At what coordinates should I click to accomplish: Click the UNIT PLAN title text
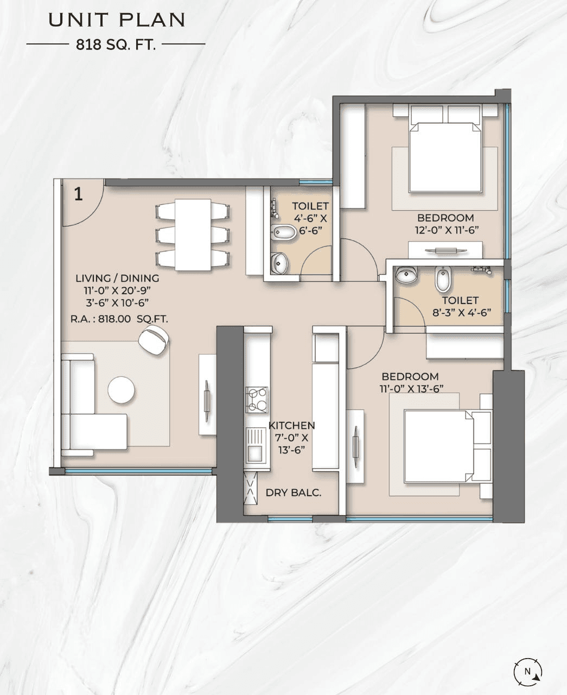(x=117, y=20)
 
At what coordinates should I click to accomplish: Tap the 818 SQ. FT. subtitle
(x=116, y=45)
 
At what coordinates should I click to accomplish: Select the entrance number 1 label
(x=79, y=194)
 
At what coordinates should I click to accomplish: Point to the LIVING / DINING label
(x=117, y=279)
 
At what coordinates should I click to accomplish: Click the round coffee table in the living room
(x=121, y=390)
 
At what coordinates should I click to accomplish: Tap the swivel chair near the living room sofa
(x=154, y=340)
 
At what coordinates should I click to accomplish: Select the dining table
(x=193, y=235)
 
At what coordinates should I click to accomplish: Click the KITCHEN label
(x=291, y=426)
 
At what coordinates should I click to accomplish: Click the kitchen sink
(x=254, y=444)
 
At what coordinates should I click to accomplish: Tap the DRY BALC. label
(x=293, y=493)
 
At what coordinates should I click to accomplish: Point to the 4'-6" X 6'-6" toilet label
(x=310, y=218)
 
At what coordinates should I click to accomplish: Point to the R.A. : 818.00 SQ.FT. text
(x=119, y=319)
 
